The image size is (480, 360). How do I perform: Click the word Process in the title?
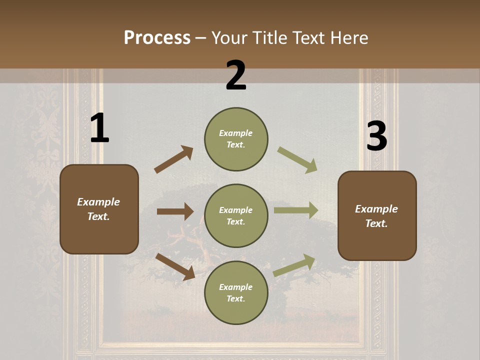pyautogui.click(x=157, y=37)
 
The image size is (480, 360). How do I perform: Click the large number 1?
pyautogui.click(x=99, y=128)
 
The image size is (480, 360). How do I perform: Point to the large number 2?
pyautogui.click(x=236, y=75)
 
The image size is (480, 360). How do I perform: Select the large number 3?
pyautogui.click(x=376, y=136)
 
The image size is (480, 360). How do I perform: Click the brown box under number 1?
pyautogui.click(x=99, y=209)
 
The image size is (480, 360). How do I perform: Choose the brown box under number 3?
pyautogui.click(x=377, y=216)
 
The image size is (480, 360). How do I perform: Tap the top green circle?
pyautogui.click(x=236, y=139)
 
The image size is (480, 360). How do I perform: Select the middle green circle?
pyautogui.click(x=236, y=216)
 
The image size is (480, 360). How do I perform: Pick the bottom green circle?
pyautogui.click(x=236, y=293)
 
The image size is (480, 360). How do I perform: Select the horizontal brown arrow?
pyautogui.click(x=175, y=211)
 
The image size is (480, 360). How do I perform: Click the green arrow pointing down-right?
pyautogui.click(x=297, y=160)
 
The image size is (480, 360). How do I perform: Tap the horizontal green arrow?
pyautogui.click(x=296, y=210)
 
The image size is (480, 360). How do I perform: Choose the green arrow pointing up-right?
pyautogui.click(x=294, y=265)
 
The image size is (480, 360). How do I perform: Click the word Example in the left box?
pyautogui.click(x=98, y=202)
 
